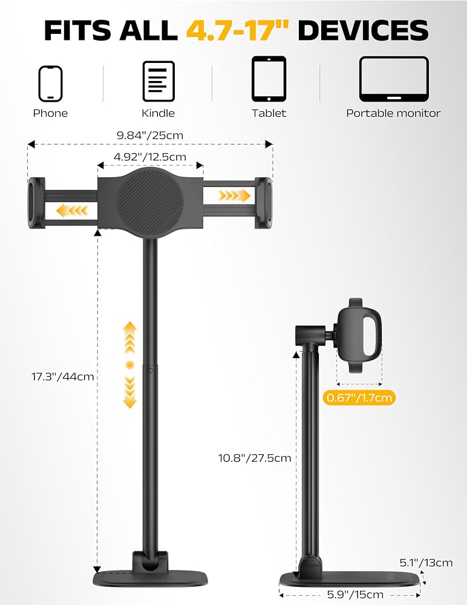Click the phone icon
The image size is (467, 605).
(x=50, y=83)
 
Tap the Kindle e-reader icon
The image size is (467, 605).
(x=158, y=81)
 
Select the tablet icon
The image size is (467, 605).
(x=269, y=79)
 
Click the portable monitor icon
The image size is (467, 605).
(x=394, y=79)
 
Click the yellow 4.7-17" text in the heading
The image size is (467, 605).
(x=238, y=30)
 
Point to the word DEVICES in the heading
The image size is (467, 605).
(x=363, y=30)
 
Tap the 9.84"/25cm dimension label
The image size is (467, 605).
(x=150, y=136)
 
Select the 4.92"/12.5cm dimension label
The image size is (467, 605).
(x=150, y=157)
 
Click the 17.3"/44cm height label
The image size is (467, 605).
(x=62, y=376)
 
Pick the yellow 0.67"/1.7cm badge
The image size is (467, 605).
(x=359, y=397)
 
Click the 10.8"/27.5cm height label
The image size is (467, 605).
(x=255, y=458)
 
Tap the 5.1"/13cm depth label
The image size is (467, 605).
(x=426, y=563)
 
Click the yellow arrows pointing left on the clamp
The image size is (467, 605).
(x=72, y=211)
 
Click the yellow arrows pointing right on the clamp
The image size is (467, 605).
(x=234, y=195)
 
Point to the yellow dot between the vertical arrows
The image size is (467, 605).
(x=130, y=365)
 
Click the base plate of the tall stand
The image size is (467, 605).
(x=151, y=578)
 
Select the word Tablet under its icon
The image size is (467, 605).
(x=269, y=113)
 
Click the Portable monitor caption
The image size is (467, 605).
(x=393, y=113)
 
